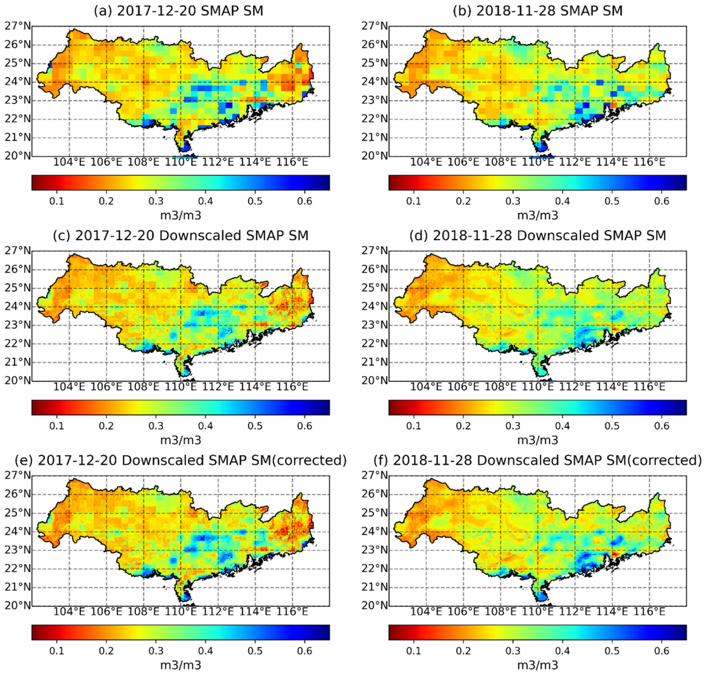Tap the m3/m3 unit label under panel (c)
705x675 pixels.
pyautogui.click(x=181, y=440)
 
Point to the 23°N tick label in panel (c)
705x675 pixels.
pyautogui.click(x=18, y=325)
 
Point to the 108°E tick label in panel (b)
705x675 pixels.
pyautogui.click(x=501, y=162)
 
